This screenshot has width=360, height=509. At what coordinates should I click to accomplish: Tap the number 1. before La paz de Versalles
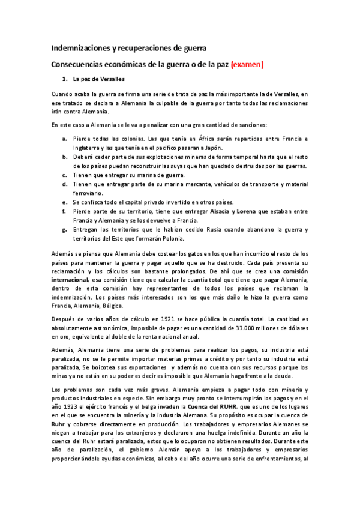coord(65,79)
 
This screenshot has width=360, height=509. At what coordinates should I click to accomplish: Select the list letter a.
coord(65,139)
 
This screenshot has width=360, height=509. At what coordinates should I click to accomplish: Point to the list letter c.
coord(64,175)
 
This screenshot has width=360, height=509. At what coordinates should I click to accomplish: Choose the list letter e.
coord(65,202)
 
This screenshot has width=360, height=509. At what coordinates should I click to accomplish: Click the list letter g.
coord(65,229)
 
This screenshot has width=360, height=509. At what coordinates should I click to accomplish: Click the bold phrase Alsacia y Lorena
coord(232,211)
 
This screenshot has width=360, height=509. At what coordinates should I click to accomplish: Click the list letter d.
coord(65,184)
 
